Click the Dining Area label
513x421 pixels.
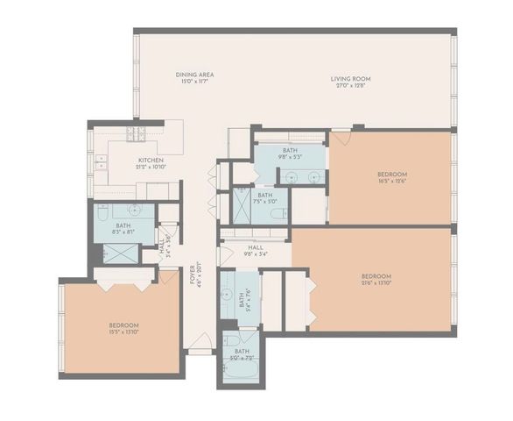[x=193, y=75]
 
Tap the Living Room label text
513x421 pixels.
[x=350, y=79]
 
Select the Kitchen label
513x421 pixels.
[x=151, y=160]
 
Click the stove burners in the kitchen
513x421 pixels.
[x=137, y=134]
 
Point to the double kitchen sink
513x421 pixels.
[x=102, y=162]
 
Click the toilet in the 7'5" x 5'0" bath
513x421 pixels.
[x=277, y=213]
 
